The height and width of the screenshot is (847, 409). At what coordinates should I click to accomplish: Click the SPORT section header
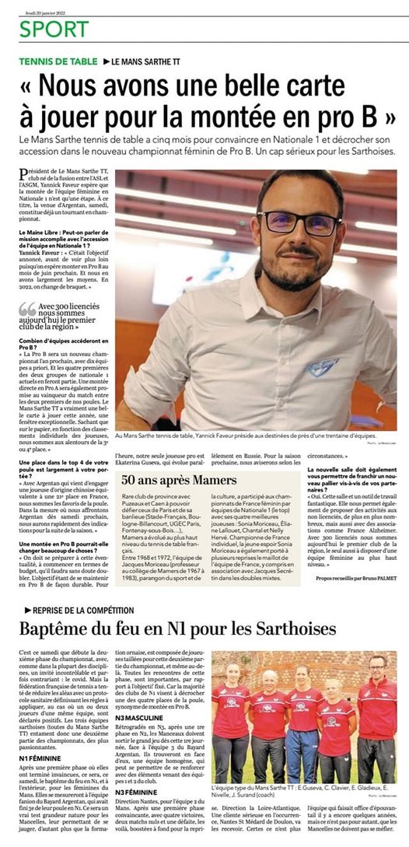tap(54, 30)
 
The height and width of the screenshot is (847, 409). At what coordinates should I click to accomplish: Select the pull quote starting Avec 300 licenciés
tap(72, 317)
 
